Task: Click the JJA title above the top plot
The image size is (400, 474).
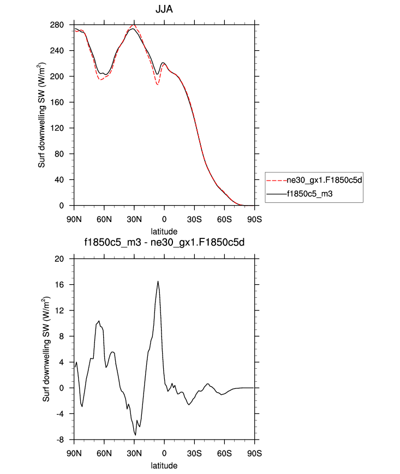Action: (164, 10)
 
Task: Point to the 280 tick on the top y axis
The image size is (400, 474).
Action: (65, 25)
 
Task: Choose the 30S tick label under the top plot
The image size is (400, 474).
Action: (194, 219)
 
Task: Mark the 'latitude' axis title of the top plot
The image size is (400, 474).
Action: (164, 232)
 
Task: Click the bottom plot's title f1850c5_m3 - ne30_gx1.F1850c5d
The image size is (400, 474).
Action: (164, 244)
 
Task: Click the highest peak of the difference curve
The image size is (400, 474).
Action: (158, 281)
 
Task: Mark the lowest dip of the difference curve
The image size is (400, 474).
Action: (135, 435)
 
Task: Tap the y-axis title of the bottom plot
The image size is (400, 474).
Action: (47, 349)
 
